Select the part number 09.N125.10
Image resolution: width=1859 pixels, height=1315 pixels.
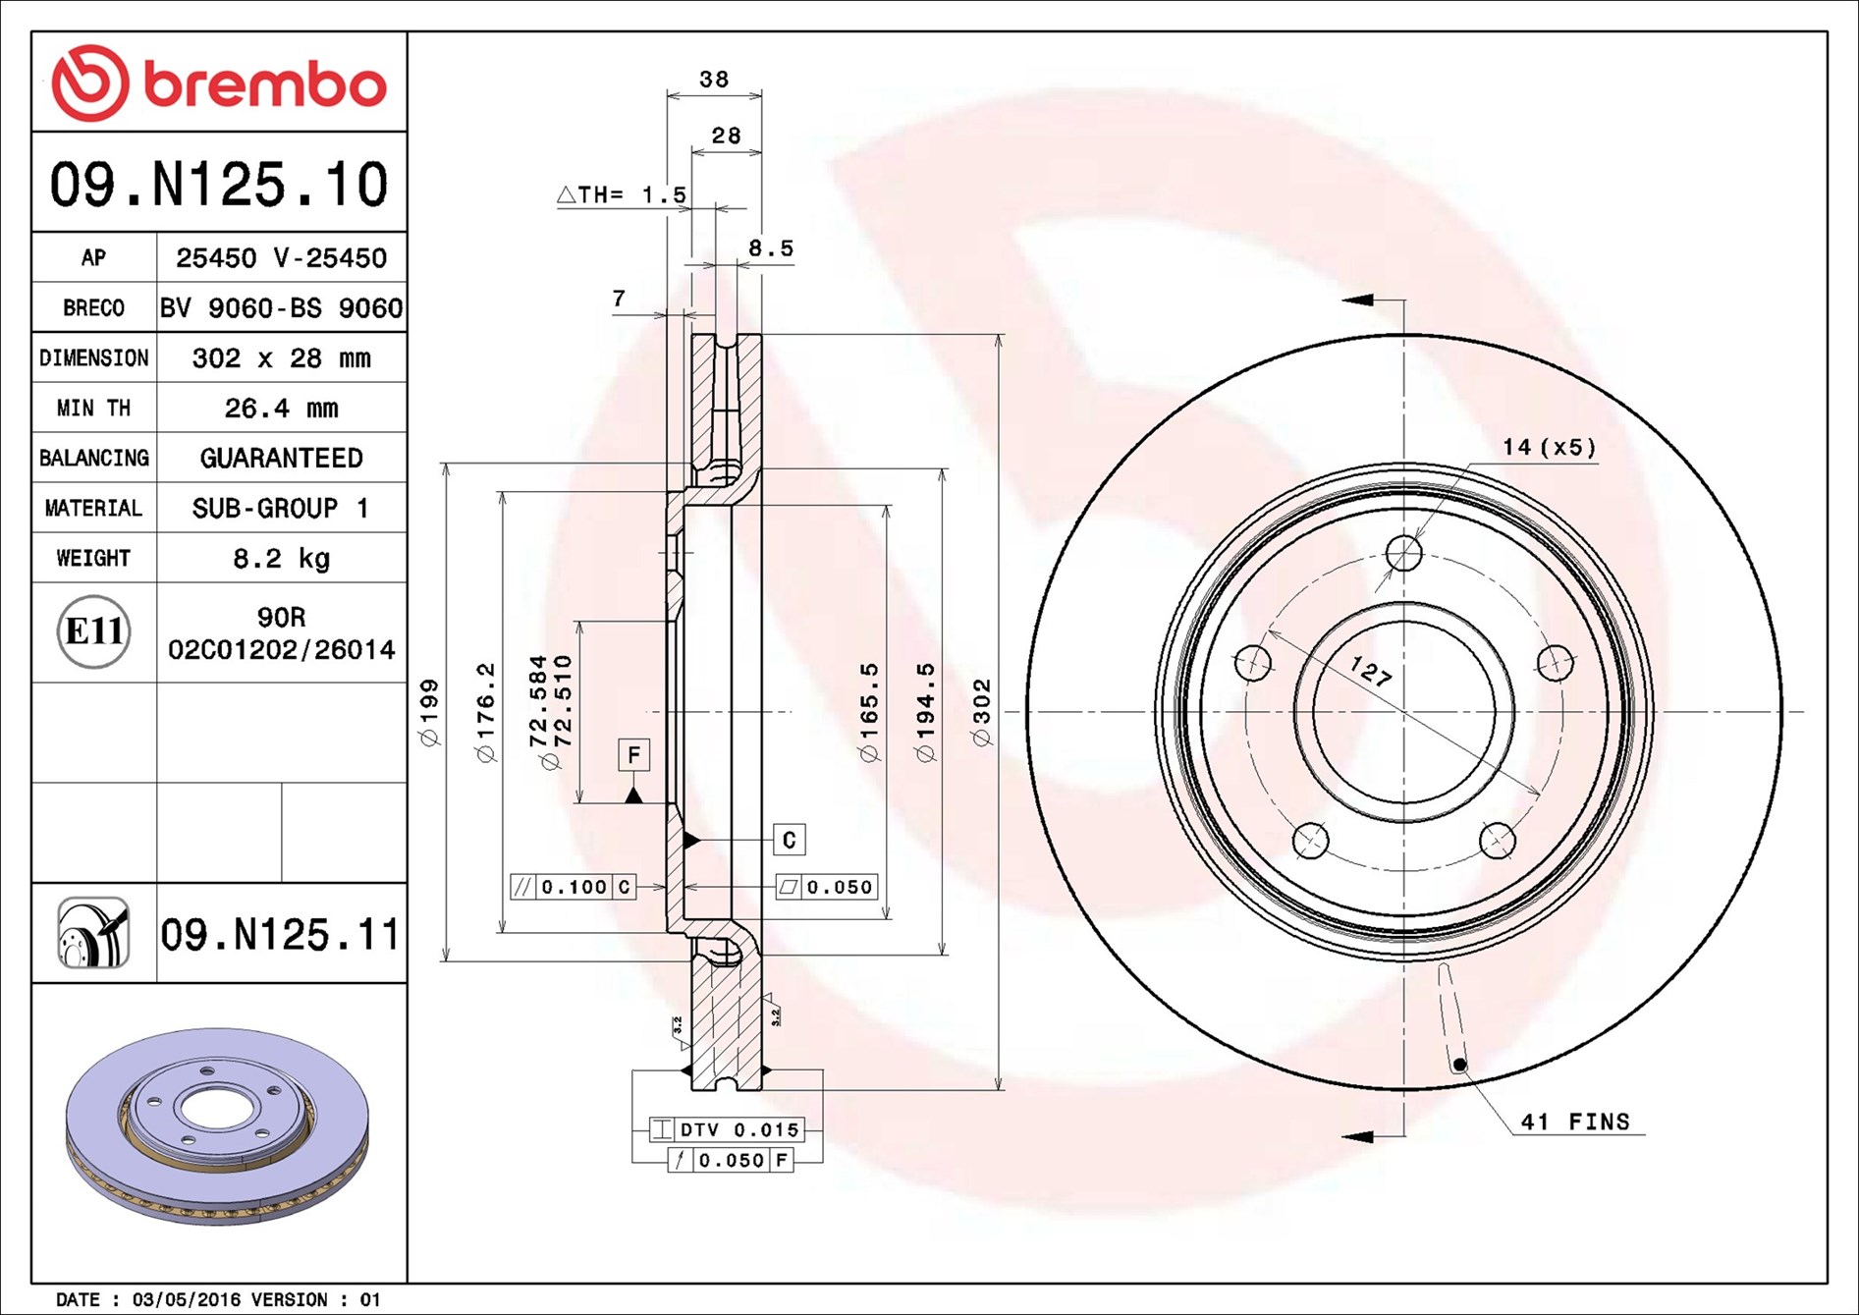(219, 185)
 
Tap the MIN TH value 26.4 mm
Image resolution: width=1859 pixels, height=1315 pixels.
(281, 409)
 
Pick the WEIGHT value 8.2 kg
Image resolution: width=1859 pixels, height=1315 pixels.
(281, 559)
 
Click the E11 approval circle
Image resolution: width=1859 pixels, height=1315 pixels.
(94, 631)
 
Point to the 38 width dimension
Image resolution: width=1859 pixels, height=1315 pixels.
(714, 80)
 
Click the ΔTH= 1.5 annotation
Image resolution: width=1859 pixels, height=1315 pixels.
(623, 195)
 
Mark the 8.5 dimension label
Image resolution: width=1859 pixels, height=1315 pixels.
(771, 248)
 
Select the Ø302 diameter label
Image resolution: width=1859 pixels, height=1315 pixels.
(982, 712)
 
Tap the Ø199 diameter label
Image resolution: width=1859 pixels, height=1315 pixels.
(430, 712)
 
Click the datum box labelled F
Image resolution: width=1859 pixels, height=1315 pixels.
(633, 755)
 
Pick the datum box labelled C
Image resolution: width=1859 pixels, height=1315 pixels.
(789, 840)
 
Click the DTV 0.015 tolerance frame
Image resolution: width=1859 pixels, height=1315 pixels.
(727, 1129)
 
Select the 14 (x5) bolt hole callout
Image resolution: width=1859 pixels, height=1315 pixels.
(1549, 448)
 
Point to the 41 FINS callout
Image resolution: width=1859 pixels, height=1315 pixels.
(1574, 1122)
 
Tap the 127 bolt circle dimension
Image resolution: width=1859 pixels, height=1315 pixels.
(1370, 672)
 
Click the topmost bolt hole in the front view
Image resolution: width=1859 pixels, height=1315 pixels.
(1404, 554)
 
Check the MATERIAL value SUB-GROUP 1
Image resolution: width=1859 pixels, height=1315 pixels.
(281, 509)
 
